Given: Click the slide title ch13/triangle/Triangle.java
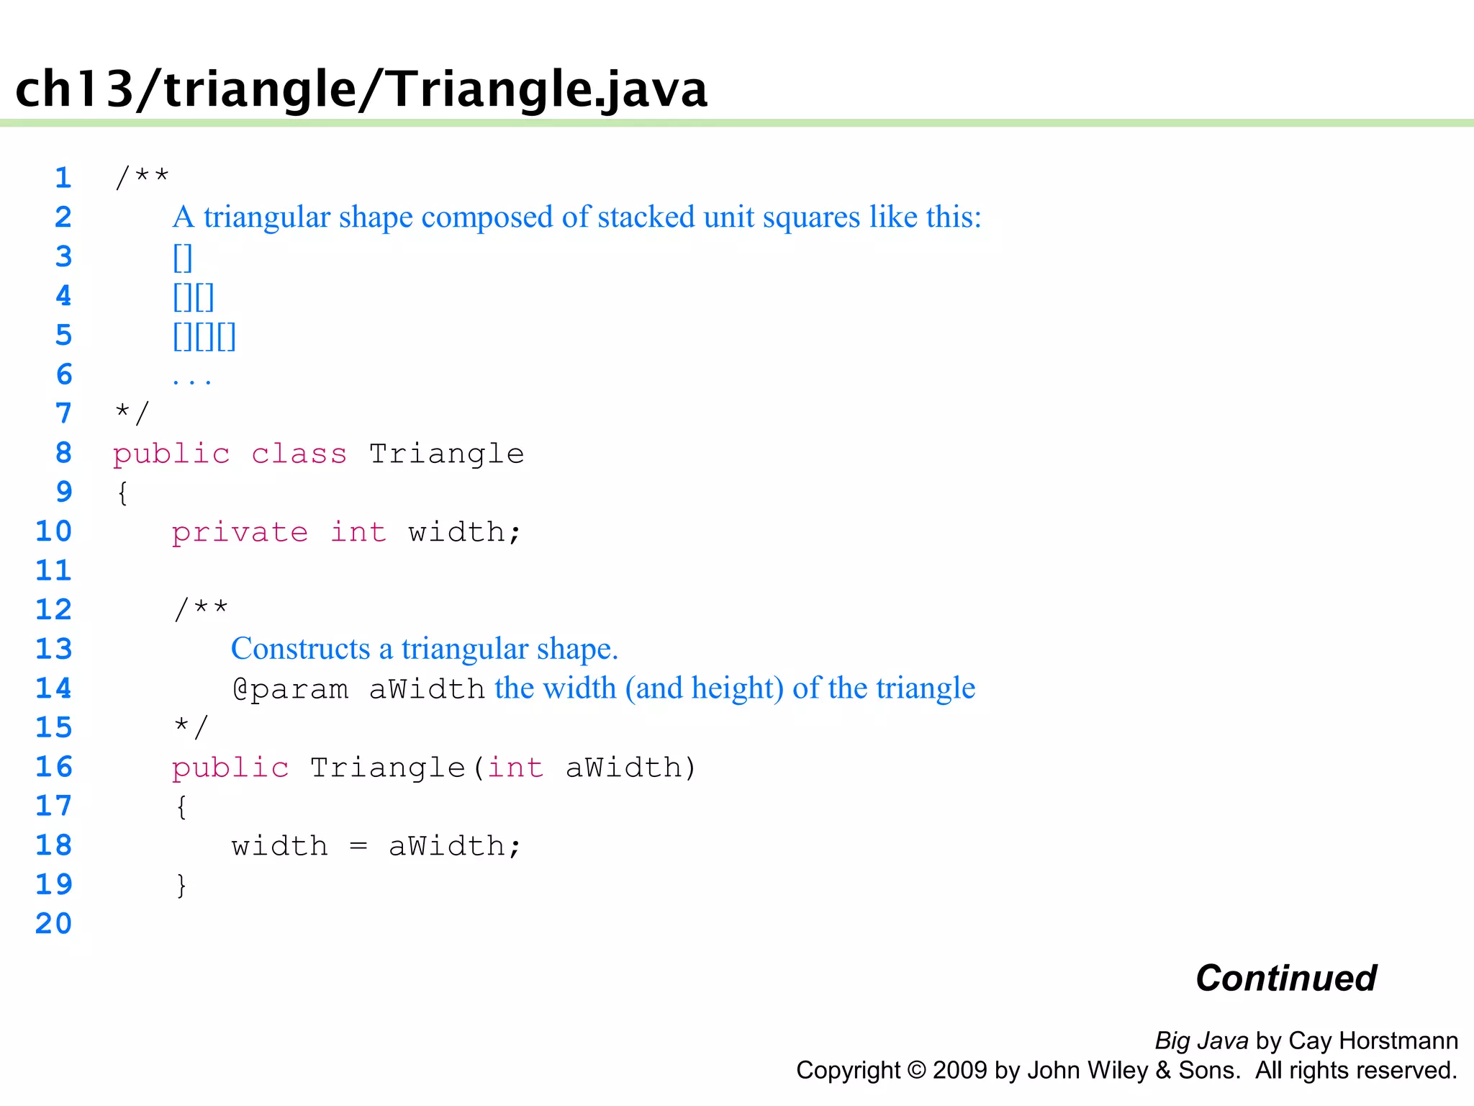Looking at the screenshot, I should click(361, 89).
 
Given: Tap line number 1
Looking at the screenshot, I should click(63, 178).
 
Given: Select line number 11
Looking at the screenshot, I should click(54, 571).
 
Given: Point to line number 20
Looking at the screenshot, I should click(54, 924).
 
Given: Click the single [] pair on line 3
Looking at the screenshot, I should click(183, 257).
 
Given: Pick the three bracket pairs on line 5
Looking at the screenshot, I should click(204, 336).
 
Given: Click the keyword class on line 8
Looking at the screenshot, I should click(299, 454).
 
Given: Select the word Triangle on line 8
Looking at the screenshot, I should click(446, 454).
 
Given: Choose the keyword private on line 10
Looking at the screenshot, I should click(240, 533).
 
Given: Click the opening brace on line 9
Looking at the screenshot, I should click(123, 493).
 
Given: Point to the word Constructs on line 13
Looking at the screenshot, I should click(300, 649).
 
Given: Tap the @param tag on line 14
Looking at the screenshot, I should click(290, 689).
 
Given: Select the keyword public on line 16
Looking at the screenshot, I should click(230, 768).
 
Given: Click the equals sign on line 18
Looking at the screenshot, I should click(358, 847).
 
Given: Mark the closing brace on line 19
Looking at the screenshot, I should click(181, 885).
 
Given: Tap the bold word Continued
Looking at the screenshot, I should click(1286, 979).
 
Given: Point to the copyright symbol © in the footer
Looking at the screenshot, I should click(917, 1071).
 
